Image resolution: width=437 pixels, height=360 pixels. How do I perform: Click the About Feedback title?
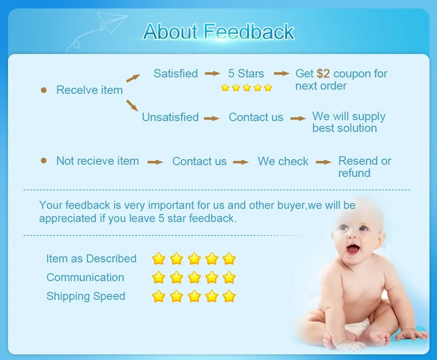point(219,31)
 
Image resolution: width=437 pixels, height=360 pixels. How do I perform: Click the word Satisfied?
point(176,74)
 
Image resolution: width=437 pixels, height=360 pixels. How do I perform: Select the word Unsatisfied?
point(170,117)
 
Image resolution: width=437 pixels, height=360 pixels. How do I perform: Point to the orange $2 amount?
point(323,74)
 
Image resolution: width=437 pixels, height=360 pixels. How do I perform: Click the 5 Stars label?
point(246,74)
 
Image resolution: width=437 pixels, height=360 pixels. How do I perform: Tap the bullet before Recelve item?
point(44,90)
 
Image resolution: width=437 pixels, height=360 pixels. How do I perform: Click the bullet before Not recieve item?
point(44,161)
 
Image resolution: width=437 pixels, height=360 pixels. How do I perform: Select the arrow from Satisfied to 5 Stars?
point(213,74)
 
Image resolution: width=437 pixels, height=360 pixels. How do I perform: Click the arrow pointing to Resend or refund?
point(324,162)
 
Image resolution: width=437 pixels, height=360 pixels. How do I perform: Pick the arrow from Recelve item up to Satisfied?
point(133,78)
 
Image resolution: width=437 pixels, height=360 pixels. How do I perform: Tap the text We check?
point(283,161)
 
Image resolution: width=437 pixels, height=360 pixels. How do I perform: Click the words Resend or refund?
point(365,167)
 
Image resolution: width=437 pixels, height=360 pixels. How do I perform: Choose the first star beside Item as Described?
point(158,259)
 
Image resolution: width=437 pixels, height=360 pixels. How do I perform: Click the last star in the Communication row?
point(229,277)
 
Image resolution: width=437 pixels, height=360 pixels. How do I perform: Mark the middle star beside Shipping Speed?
point(194,296)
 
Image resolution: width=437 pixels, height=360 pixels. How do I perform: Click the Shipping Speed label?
point(86,296)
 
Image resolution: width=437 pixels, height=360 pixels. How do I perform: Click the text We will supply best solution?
point(349,122)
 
